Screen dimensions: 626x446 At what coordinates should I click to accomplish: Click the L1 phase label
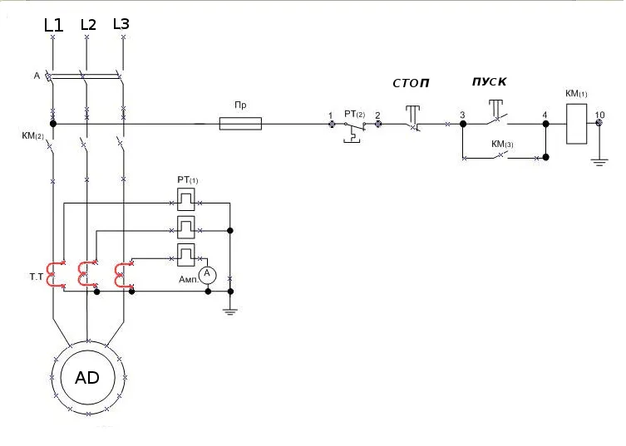coord(53,25)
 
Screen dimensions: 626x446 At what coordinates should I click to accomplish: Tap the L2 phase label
coord(88,25)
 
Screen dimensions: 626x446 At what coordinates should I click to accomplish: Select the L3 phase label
coord(121,24)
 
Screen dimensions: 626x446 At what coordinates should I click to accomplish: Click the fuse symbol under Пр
coord(240,124)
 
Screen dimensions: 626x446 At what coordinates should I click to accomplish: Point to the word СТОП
coord(411,83)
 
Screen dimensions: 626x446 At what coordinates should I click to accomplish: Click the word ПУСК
coord(489,81)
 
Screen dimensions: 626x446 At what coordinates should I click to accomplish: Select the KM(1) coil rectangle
coord(576,124)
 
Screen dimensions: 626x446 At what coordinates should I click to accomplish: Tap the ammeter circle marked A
coord(207,275)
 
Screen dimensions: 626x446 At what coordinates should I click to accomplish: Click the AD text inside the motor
coord(87,377)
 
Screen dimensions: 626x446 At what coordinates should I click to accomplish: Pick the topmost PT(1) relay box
coord(185,199)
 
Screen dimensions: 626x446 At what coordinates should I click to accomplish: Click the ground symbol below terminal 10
coord(599,162)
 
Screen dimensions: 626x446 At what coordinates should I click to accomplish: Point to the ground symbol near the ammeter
coord(229,311)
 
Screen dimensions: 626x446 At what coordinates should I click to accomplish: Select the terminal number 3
coord(462,115)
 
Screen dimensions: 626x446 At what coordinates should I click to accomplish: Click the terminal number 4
coord(545,115)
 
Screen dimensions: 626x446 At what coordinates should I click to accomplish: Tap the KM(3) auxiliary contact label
coord(502,144)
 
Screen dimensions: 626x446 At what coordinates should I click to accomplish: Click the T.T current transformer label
coord(36,277)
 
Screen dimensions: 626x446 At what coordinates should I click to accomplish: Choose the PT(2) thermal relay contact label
coord(354,114)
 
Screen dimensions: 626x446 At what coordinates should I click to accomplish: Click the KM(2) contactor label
coord(32,136)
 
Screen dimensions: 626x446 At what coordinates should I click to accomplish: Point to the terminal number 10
coord(599,115)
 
